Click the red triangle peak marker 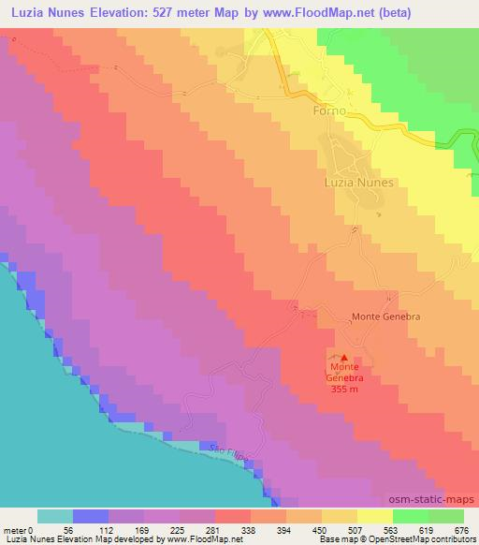tap(344, 358)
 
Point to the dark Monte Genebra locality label tap(385, 317)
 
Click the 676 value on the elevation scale tap(461, 530)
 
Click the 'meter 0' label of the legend tap(17, 530)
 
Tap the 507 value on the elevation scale tap(356, 530)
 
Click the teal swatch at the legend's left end tap(55, 516)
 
